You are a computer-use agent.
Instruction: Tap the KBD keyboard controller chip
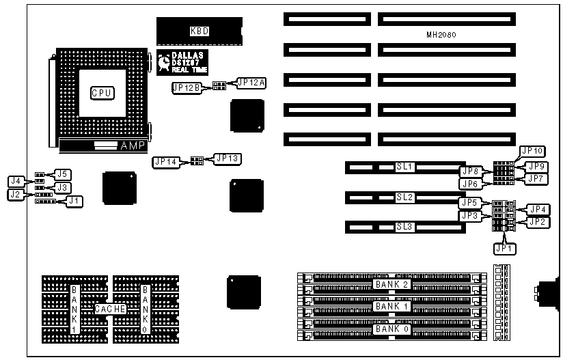199,31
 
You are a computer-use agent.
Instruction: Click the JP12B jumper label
187,88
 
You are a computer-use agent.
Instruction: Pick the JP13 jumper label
227,158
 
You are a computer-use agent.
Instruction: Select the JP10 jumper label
532,151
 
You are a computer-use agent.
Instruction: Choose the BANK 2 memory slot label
392,284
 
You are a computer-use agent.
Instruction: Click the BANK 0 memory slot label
392,329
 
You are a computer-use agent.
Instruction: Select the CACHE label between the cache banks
111,309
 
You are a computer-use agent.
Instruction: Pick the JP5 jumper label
469,202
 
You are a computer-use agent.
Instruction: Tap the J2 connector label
15,195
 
